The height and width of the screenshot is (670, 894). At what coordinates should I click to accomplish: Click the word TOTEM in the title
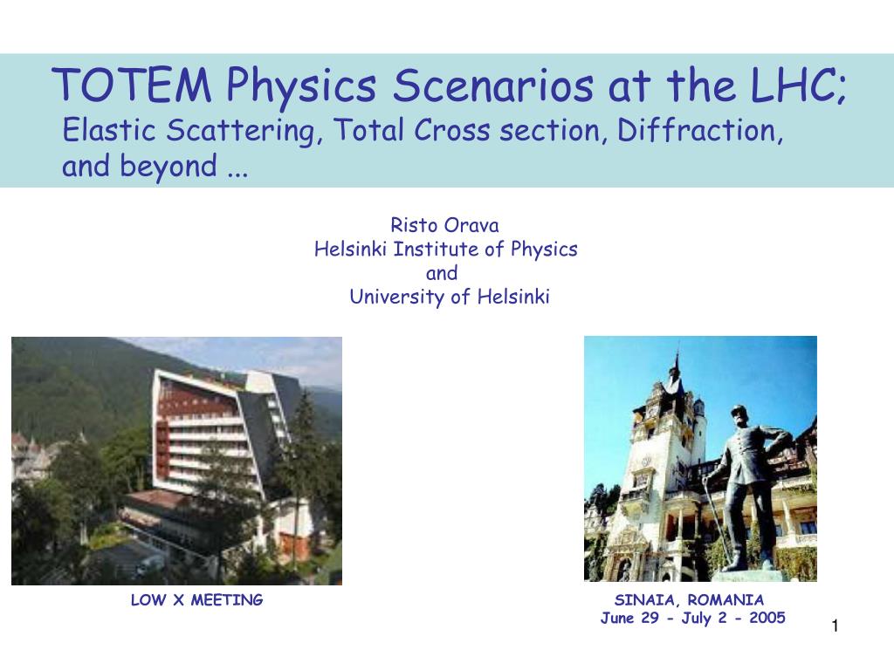click(x=132, y=85)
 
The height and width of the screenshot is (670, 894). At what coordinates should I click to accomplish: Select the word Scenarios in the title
click(x=492, y=85)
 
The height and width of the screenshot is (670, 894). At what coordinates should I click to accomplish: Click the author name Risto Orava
click(x=444, y=225)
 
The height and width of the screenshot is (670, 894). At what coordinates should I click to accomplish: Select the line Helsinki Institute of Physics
click(x=446, y=250)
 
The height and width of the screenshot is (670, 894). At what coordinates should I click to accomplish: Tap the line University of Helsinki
click(x=450, y=297)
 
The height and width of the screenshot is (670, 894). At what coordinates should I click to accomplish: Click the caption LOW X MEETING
click(x=196, y=600)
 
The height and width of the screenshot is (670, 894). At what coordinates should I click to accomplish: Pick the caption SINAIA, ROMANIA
click(x=689, y=600)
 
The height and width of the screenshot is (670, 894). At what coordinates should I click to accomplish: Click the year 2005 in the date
click(x=767, y=618)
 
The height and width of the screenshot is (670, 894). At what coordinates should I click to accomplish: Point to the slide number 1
click(x=836, y=626)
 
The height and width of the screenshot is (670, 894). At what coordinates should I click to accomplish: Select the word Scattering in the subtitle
click(x=240, y=131)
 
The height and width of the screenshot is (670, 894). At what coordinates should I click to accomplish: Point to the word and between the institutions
click(x=442, y=273)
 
